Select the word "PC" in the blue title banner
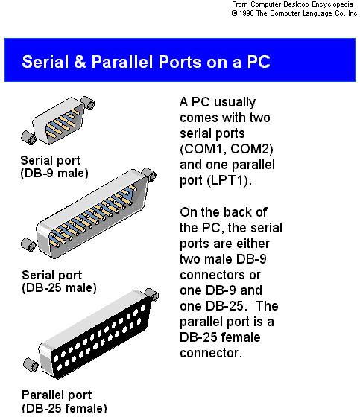[x=256, y=61]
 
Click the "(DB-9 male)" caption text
[x=54, y=174]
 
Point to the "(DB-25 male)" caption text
[x=59, y=287]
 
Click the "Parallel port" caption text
[x=57, y=395]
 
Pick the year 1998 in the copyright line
[x=250, y=13]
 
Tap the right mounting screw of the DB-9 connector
[x=88, y=101]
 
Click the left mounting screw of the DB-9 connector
[x=27, y=137]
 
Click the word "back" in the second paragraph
[x=250, y=212]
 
